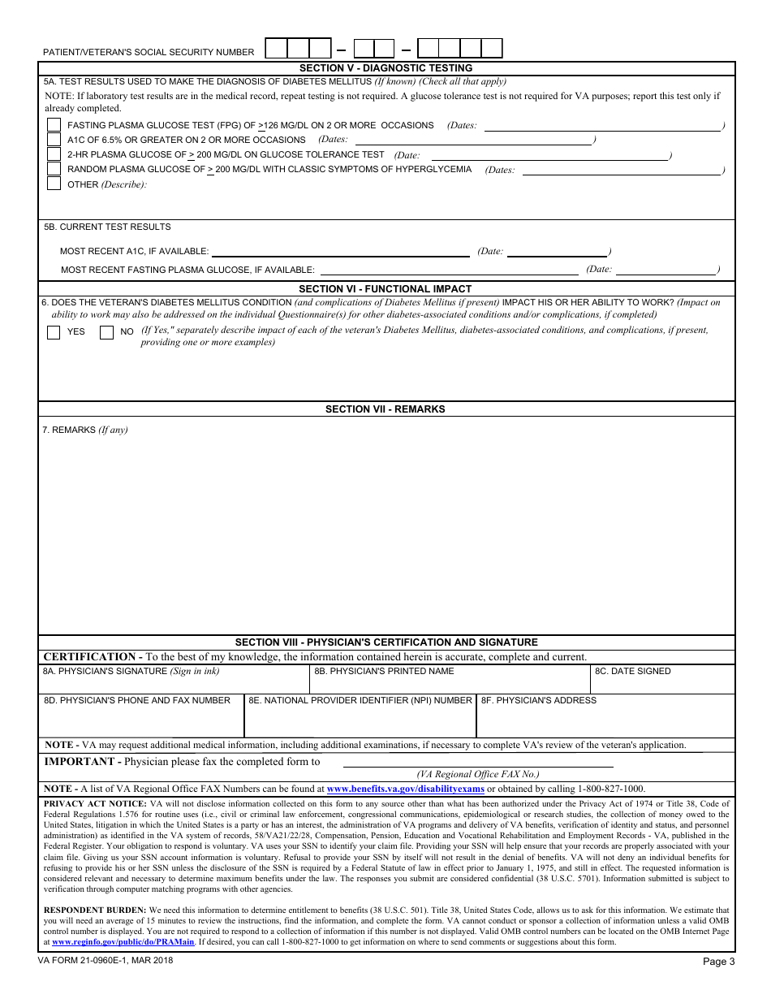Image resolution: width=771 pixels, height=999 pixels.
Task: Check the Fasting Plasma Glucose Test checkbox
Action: pyautogui.click(x=54, y=125)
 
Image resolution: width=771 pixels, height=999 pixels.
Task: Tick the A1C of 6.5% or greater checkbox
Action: pyautogui.click(x=54, y=140)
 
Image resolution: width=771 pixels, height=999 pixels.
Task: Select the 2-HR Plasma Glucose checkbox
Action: pyautogui.click(x=54, y=154)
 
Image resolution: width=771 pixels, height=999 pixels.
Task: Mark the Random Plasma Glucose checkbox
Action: pyautogui.click(x=54, y=169)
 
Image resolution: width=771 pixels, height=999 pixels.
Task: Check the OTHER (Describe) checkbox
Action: pyautogui.click(x=54, y=184)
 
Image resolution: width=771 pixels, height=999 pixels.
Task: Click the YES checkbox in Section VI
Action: pyautogui.click(x=54, y=332)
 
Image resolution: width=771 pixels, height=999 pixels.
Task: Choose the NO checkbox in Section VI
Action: pyautogui.click(x=106, y=332)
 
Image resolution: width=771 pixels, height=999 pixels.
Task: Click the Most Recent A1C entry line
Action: pyautogui.click(x=341, y=253)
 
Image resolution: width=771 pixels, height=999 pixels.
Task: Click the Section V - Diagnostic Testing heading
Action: pyautogui.click(x=385, y=68)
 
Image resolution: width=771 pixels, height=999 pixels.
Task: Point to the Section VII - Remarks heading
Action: pyautogui.click(x=385, y=409)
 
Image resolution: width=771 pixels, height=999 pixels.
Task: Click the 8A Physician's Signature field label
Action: pyautogui.click(x=131, y=672)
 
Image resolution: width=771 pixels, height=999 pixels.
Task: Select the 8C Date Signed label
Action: pyautogui.click(x=633, y=672)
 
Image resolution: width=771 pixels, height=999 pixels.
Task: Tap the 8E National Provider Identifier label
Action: pyautogui.click(x=360, y=700)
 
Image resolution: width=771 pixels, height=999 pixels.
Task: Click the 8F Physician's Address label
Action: pyautogui.click(x=539, y=700)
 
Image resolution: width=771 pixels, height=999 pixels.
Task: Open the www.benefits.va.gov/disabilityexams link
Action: pyautogui.click(x=405, y=789)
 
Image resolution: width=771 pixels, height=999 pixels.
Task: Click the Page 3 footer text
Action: pyautogui.click(x=718, y=962)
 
